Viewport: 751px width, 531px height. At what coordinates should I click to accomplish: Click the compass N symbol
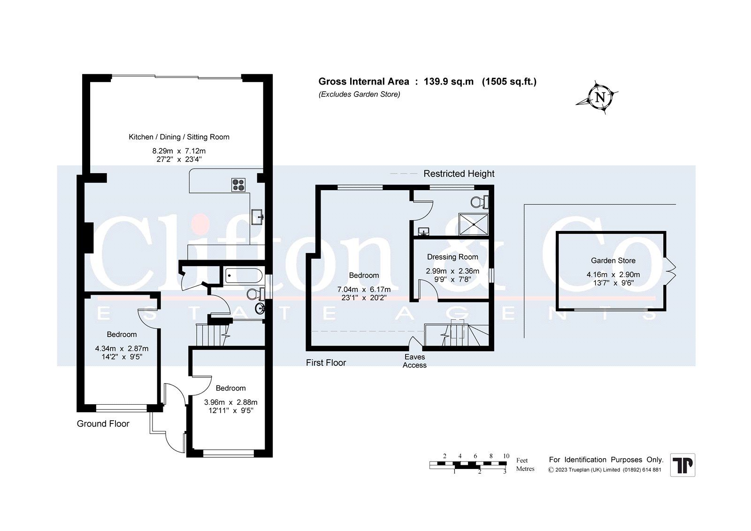600,98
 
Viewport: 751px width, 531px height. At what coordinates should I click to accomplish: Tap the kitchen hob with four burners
238,185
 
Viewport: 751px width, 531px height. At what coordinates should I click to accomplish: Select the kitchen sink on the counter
258,217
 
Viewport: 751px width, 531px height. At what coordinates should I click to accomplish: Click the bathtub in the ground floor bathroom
244,276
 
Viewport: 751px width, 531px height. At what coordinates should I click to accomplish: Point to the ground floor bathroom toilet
255,294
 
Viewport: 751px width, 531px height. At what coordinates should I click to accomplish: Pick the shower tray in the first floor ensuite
474,224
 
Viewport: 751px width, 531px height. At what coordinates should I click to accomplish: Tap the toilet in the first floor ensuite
479,202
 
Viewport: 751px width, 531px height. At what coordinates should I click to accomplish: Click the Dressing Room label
452,257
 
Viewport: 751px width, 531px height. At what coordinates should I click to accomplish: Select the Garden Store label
613,261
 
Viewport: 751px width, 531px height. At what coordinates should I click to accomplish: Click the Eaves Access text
415,361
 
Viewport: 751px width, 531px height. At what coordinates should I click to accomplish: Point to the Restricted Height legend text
459,174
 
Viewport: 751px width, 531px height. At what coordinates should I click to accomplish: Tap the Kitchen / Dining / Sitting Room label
179,137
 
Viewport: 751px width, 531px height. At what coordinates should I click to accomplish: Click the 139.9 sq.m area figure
449,82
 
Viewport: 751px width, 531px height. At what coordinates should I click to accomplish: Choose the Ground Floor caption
103,423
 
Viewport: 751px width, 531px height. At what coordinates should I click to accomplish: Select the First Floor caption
326,362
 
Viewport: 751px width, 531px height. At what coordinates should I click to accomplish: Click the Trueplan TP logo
682,465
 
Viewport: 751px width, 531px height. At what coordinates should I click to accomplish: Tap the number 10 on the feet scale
506,456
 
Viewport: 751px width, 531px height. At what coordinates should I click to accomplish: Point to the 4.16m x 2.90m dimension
613,275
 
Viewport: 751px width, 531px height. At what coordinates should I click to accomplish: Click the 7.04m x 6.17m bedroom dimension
364,290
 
